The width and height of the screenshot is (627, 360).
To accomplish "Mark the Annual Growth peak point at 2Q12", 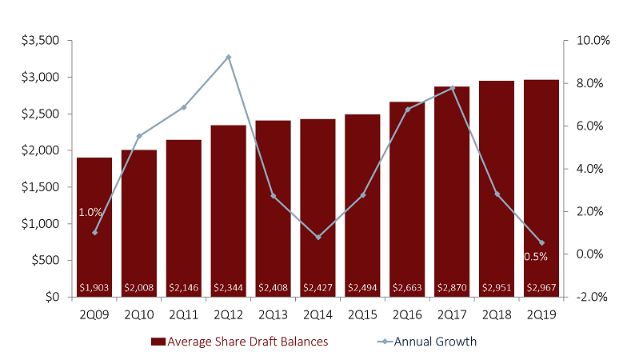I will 229,57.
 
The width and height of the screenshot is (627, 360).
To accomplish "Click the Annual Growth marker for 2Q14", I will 318,237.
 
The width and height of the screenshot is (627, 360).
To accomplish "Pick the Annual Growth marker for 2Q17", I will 453,88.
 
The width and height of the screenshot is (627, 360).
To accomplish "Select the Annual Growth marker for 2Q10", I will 139,136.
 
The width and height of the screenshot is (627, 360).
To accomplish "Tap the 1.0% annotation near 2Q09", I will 90,213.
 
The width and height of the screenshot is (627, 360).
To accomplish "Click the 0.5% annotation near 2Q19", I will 535,257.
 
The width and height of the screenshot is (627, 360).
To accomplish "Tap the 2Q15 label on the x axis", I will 363,314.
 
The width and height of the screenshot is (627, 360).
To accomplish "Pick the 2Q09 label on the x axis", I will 94,314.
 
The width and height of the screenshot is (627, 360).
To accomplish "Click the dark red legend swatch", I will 158,342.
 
